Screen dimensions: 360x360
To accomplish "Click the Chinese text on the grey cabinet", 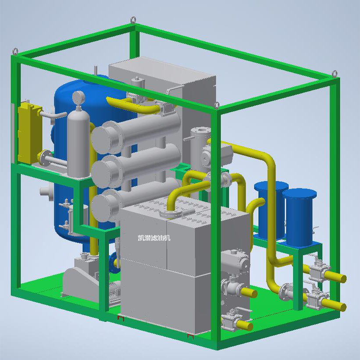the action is click(x=154, y=238).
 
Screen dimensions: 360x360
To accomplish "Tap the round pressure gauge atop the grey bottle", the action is click(x=78, y=97).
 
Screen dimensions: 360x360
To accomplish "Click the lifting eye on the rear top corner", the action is click(x=133, y=20).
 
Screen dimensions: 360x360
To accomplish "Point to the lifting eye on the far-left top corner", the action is click(x=15, y=52).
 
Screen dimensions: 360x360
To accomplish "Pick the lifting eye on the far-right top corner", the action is click(x=335, y=74).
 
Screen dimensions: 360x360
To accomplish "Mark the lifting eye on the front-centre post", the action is click(x=217, y=105).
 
